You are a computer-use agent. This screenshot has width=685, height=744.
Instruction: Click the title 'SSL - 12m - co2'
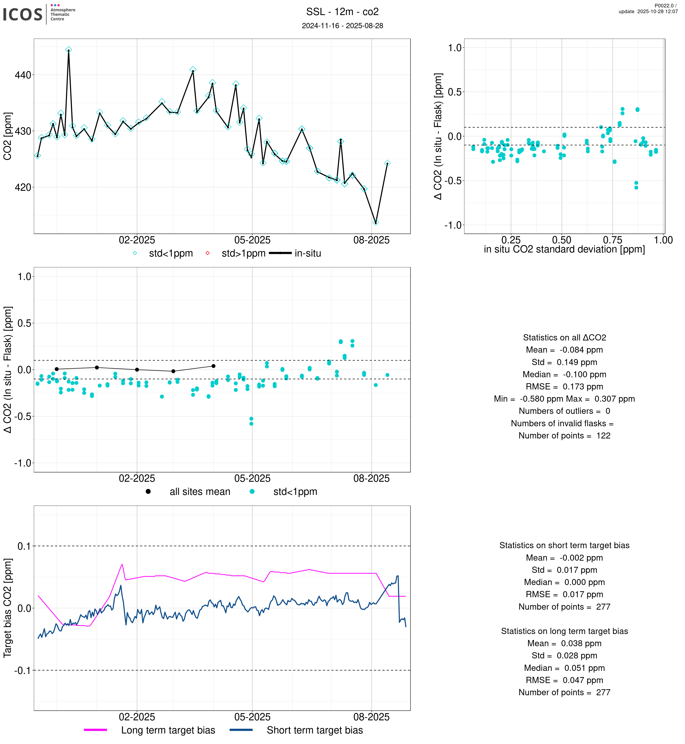[x=342, y=12]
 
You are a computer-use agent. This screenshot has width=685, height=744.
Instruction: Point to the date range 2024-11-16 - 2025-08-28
[x=342, y=26]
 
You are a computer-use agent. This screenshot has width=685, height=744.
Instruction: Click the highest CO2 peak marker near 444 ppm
[x=69, y=50]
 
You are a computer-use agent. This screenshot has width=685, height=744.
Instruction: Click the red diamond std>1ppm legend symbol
[x=208, y=253]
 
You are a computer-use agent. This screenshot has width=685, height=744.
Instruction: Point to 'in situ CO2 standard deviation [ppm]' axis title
[x=564, y=250]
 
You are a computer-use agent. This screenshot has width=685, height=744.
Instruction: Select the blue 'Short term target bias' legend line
[x=241, y=730]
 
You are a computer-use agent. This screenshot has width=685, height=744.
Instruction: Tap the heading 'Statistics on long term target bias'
[x=564, y=631]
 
